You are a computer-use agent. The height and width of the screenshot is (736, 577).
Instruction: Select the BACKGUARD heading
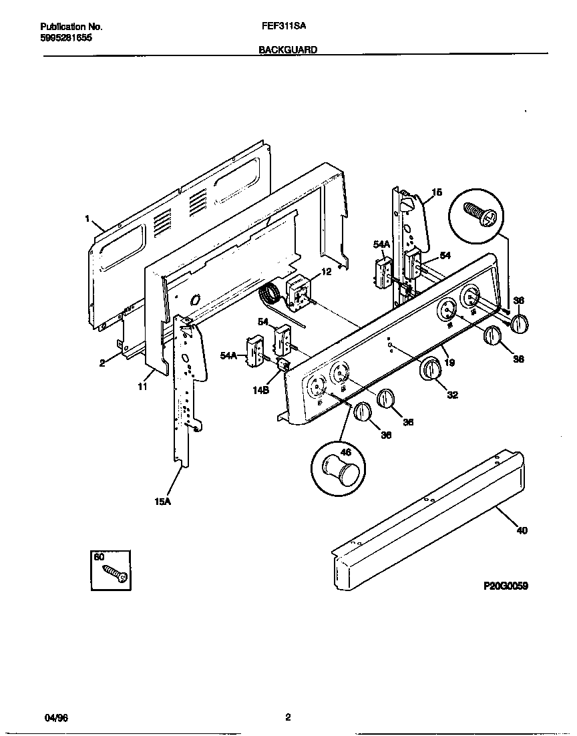click(288, 49)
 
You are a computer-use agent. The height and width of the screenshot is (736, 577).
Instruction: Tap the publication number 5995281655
click(66, 38)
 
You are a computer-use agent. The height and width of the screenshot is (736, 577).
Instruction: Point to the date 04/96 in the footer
click(56, 718)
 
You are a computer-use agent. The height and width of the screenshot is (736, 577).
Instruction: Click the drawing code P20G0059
click(506, 586)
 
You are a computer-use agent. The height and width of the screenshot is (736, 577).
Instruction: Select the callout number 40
click(522, 531)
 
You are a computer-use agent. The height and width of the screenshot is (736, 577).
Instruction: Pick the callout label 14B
click(260, 391)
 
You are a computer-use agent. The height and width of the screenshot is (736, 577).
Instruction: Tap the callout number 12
click(326, 271)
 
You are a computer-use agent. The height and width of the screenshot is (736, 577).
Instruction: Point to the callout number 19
click(449, 363)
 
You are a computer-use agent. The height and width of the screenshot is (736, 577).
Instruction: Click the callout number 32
click(452, 395)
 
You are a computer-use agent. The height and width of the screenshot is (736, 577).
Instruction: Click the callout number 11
click(141, 387)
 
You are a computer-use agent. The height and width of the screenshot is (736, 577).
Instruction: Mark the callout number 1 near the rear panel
click(87, 218)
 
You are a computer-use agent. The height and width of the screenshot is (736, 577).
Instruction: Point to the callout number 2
click(102, 363)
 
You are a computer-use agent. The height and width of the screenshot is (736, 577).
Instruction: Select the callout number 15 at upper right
click(437, 192)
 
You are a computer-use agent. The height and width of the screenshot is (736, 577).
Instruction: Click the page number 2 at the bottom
click(288, 718)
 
